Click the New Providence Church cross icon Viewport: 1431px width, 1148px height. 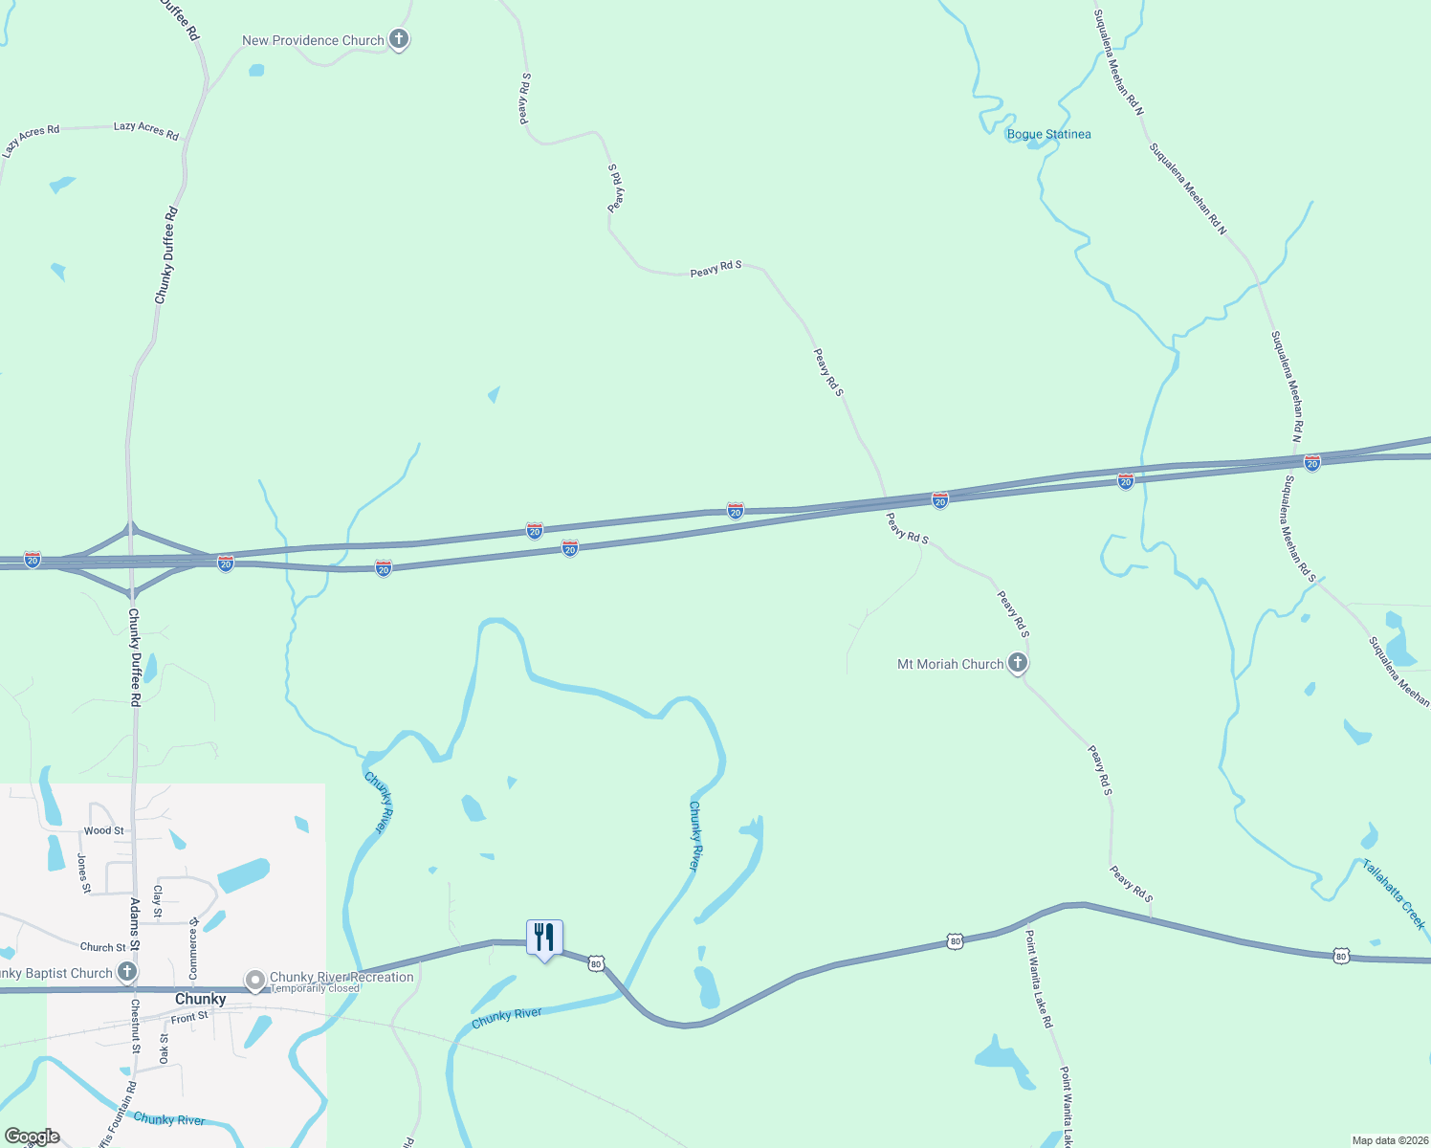pyautogui.click(x=399, y=39)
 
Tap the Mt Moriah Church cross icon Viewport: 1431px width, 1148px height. pyautogui.click(x=1018, y=662)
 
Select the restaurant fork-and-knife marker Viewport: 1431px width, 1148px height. pyautogui.click(x=544, y=937)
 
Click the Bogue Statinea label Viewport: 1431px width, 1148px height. pyautogui.click(x=1048, y=134)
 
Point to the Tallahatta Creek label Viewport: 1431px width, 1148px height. pyautogui.click(x=1394, y=894)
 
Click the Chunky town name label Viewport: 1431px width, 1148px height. pyautogui.click(x=201, y=999)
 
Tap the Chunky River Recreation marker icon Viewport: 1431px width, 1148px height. pyautogui.click(x=255, y=981)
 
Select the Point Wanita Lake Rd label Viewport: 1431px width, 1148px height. pyautogui.click(x=1039, y=979)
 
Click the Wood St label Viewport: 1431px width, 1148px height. pyautogui.click(x=103, y=830)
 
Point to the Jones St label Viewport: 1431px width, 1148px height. pyautogui.click(x=84, y=873)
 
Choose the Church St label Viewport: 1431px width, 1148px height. pyautogui.click(x=102, y=947)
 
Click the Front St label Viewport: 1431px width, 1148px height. pyautogui.click(x=189, y=1018)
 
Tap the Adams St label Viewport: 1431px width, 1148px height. pyautogui.click(x=135, y=923)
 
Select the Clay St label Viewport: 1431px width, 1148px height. pyautogui.click(x=158, y=901)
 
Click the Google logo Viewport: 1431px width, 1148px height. pyautogui.click(x=33, y=1137)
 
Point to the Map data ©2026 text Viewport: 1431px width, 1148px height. pyautogui.click(x=1388, y=1140)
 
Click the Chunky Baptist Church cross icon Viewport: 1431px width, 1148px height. pyautogui.click(x=125, y=973)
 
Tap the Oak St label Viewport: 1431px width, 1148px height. pyautogui.click(x=164, y=1048)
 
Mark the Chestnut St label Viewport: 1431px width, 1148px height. pyautogui.click(x=136, y=1026)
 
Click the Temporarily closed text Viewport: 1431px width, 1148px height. pyautogui.click(x=315, y=988)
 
